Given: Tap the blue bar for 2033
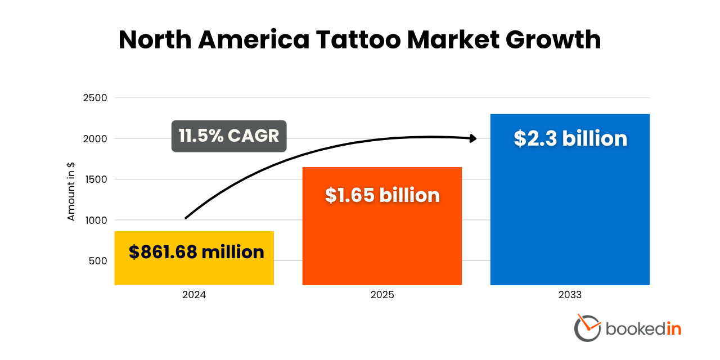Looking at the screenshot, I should click(x=570, y=214).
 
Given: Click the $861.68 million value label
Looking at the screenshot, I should click(x=196, y=252).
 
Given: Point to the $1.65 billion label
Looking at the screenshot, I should click(x=382, y=195).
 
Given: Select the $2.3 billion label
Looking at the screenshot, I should click(x=570, y=138).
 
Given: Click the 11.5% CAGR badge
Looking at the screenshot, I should click(x=229, y=136).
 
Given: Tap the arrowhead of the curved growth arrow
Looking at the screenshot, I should click(x=472, y=138).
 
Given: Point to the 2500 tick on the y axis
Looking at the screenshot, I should click(x=95, y=98).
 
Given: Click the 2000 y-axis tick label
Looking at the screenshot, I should click(x=95, y=139).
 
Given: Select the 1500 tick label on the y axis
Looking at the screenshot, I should click(x=95, y=179).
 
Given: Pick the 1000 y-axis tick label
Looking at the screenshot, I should click(x=95, y=220).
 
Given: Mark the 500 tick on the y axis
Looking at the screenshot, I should click(x=97, y=261).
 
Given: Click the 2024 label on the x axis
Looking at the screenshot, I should click(x=194, y=295).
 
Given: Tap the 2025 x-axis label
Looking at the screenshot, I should click(x=382, y=295).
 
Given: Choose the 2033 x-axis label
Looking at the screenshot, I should click(x=570, y=295).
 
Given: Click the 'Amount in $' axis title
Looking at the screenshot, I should click(x=71, y=191).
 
